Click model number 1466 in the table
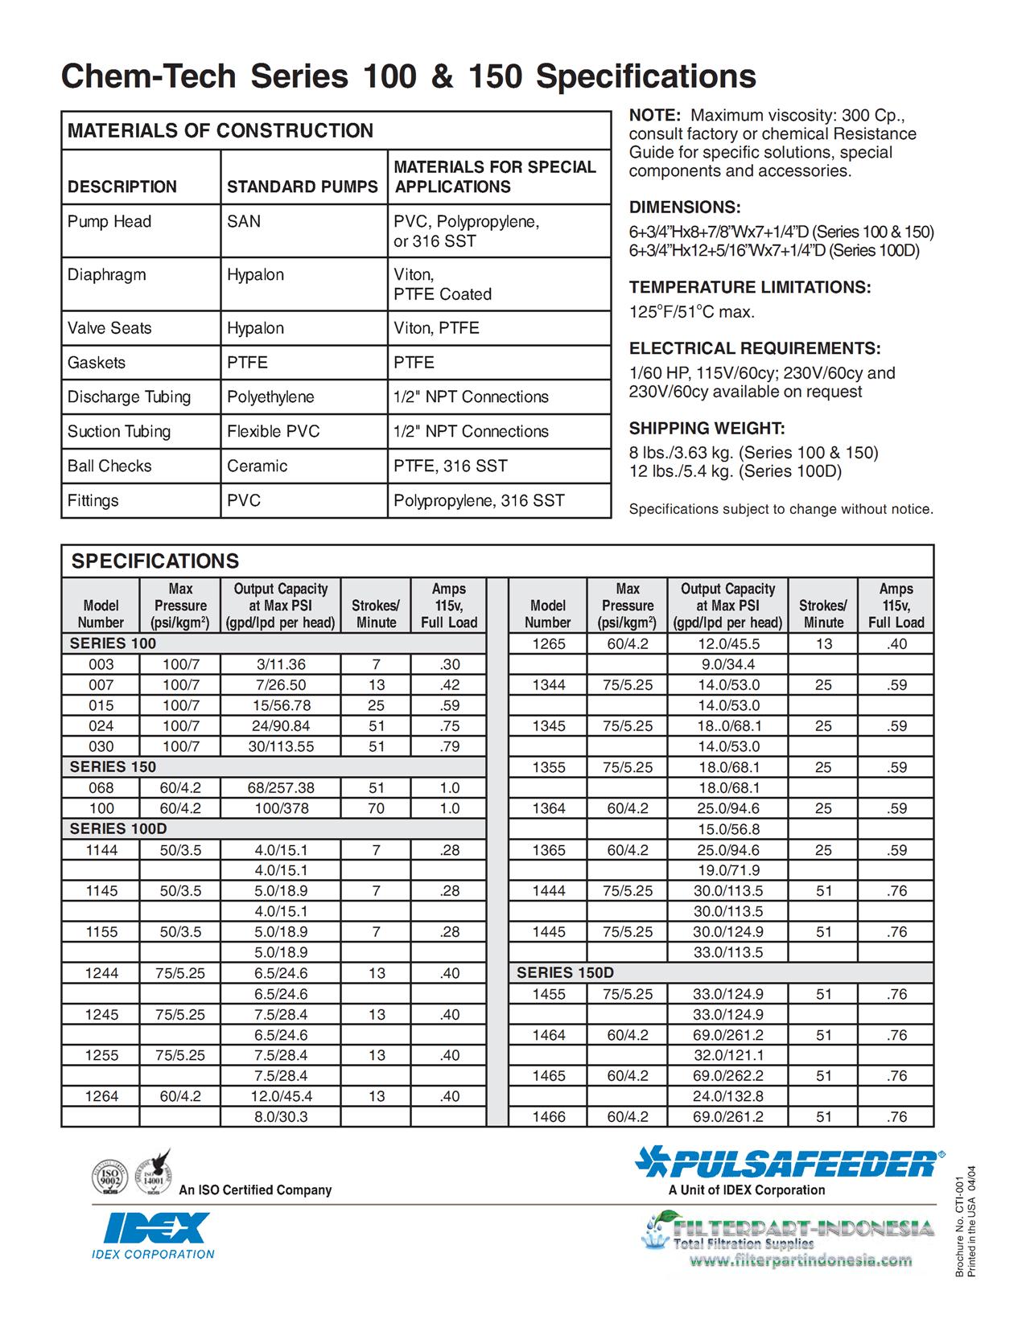(x=548, y=1117)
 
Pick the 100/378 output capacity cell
(x=281, y=808)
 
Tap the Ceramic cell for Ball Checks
(x=257, y=466)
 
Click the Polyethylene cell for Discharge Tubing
(x=270, y=397)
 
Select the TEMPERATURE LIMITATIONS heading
(x=750, y=288)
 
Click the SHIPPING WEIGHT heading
(x=707, y=429)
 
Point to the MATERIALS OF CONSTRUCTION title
(x=220, y=131)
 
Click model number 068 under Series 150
(x=101, y=788)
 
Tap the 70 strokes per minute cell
(x=376, y=808)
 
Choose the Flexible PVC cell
(x=273, y=432)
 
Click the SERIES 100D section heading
(x=118, y=829)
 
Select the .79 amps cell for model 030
(x=449, y=746)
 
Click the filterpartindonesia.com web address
(x=802, y=1260)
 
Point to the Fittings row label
(x=93, y=501)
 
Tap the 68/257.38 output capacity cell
(x=281, y=788)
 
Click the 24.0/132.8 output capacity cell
(x=728, y=1096)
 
